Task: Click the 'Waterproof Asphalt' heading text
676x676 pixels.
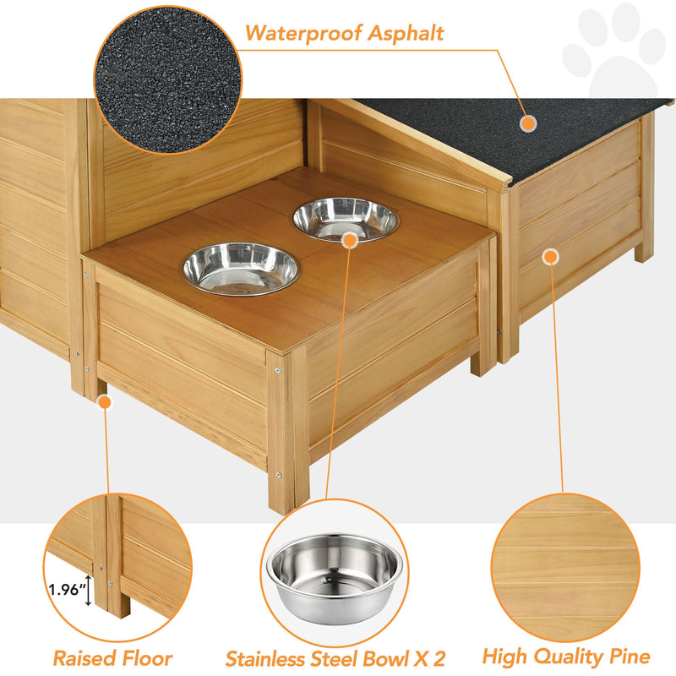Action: coord(345,34)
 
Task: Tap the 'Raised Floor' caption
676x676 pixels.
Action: coord(112,658)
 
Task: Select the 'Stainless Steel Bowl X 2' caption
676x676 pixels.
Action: coord(335,658)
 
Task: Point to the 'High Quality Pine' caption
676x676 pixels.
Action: coord(566,657)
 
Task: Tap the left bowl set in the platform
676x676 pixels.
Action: coord(242,268)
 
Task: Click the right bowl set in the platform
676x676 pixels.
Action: coord(346,219)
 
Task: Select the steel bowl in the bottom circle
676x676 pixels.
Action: coord(335,575)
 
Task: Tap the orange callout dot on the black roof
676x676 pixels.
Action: coord(528,123)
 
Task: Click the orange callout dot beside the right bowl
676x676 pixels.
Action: coord(350,239)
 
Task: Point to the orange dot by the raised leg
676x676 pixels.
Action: coord(104,403)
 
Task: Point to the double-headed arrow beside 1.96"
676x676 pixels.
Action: coord(88,590)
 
